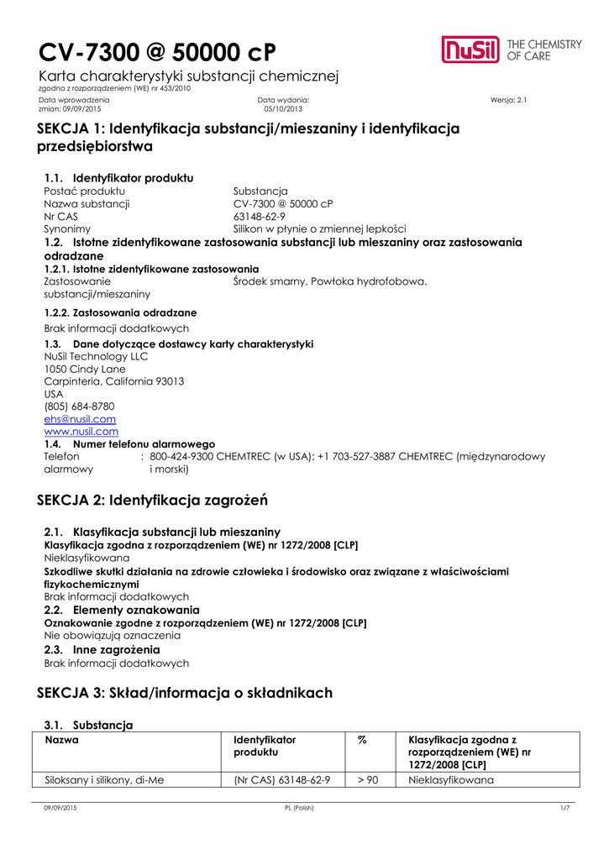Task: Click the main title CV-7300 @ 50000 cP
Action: click(157, 52)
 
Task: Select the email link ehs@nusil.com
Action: click(80, 419)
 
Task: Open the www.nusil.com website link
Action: click(81, 432)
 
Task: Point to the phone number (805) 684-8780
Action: click(79, 406)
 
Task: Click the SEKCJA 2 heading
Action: click(152, 501)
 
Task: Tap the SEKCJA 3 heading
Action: click(185, 693)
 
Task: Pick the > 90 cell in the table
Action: click(367, 780)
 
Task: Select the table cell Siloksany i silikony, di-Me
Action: click(103, 780)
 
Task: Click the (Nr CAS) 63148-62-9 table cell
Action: click(281, 780)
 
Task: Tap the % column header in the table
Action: click(363, 740)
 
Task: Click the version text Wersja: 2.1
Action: click(507, 100)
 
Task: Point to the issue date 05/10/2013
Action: click(281, 109)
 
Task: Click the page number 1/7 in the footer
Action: click(564, 808)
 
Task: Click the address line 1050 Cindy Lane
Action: click(85, 369)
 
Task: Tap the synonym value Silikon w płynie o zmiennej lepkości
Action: click(319, 228)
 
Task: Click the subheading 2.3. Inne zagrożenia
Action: click(102, 650)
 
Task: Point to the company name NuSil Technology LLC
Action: click(96, 356)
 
